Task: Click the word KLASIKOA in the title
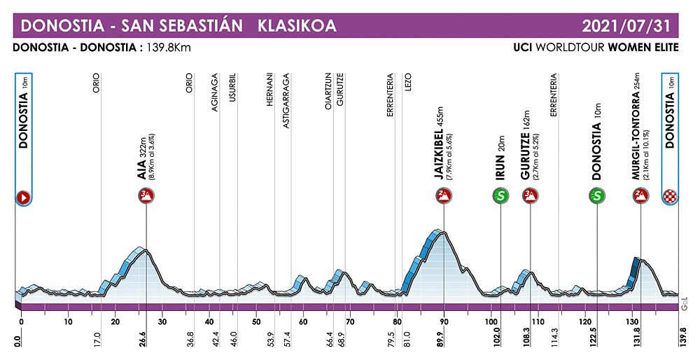pos(297,27)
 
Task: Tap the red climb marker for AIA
pos(146,197)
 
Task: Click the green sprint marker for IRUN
pos(500,197)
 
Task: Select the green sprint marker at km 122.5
pos(597,197)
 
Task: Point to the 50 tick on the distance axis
pos(255,321)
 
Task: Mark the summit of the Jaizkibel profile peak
pos(440,232)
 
